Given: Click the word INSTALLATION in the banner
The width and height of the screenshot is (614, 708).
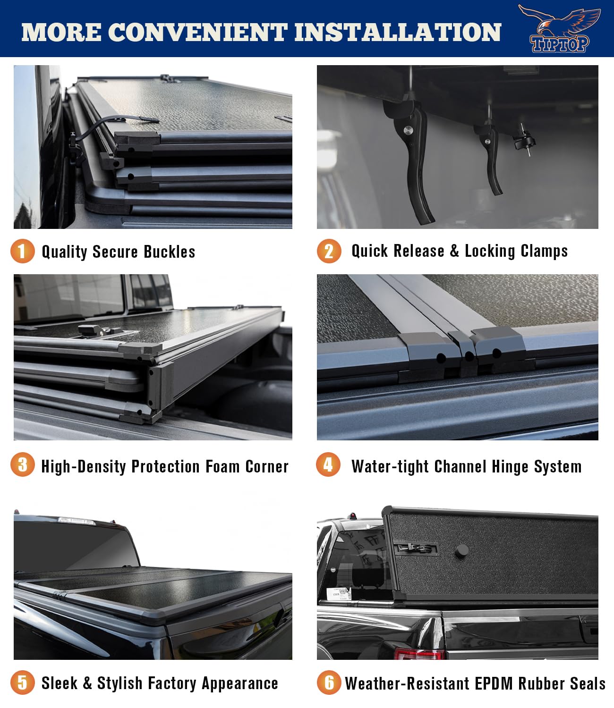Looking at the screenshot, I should (397, 32).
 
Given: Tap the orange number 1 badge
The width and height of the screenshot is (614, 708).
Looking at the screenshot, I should (22, 251).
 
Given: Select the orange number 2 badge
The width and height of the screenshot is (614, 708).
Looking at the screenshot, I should (329, 251).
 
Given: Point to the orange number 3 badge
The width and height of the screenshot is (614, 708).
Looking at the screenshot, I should (22, 465).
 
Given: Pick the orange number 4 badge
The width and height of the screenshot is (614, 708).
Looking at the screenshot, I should (328, 465).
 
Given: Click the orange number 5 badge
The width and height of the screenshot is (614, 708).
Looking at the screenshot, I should (22, 683).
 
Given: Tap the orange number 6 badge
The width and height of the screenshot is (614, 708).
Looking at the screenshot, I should (329, 683).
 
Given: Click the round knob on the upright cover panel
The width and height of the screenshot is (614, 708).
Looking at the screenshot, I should (461, 550).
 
